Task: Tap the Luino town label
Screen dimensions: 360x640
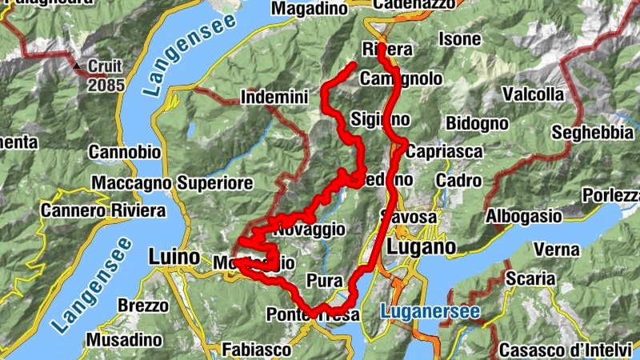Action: pyautogui.click(x=174, y=258)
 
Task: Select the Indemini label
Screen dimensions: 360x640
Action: pyautogui.click(x=274, y=98)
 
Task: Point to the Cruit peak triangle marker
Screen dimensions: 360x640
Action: pyautogui.click(x=78, y=66)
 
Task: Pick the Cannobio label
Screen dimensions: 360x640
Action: pyautogui.click(x=124, y=152)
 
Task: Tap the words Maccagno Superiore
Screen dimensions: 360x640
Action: pyautogui.click(x=172, y=183)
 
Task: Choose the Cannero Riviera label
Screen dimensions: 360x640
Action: pyautogui.click(x=103, y=210)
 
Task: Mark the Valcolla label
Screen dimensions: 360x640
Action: pyautogui.click(x=533, y=94)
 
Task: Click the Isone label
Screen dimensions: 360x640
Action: pyautogui.click(x=461, y=38)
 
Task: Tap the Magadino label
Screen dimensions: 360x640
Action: pyautogui.click(x=310, y=8)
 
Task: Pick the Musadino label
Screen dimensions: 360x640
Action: pyautogui.click(x=124, y=340)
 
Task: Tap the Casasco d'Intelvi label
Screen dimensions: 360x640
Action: pyautogui.click(x=569, y=350)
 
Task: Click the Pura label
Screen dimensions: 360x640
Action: pyautogui.click(x=325, y=282)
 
